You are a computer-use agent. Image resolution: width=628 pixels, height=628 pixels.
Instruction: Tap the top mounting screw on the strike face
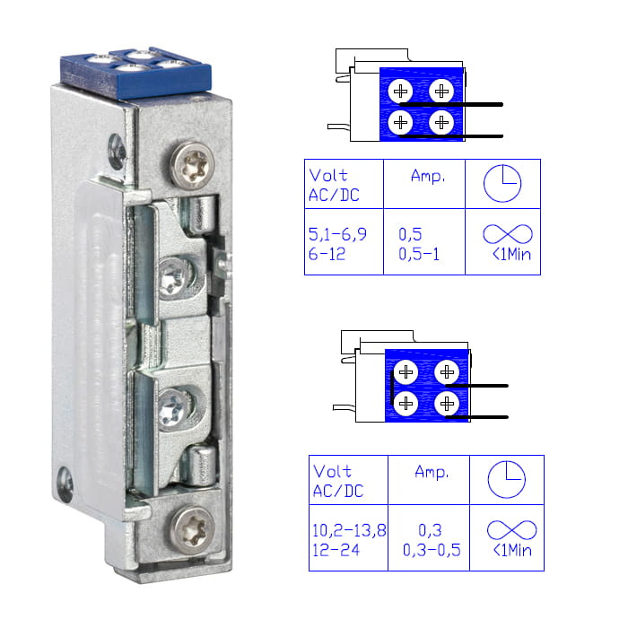[193, 165]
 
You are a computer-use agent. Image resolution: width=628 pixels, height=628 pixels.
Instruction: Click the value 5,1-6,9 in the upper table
[337, 234]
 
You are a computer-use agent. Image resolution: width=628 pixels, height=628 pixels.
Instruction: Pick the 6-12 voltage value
[327, 254]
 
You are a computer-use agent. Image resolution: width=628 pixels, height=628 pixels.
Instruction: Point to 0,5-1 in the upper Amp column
[419, 254]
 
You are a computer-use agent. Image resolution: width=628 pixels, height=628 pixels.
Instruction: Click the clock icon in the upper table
[502, 183]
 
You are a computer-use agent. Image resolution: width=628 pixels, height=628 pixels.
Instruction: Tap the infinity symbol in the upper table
[508, 234]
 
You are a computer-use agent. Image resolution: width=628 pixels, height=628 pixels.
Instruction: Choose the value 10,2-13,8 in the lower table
[349, 530]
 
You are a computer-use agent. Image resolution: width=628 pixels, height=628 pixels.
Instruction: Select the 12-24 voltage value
[336, 550]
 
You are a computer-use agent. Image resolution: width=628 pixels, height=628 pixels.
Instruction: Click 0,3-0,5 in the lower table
[432, 550]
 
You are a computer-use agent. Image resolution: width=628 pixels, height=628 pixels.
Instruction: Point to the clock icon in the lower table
[507, 479]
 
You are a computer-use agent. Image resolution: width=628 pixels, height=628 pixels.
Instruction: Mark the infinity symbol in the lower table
[512, 530]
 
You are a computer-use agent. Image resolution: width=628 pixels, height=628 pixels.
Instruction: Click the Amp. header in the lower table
[432, 472]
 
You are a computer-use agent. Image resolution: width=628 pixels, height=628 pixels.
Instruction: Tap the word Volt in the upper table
[328, 176]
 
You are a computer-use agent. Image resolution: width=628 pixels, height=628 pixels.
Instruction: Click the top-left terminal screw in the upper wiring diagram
[400, 92]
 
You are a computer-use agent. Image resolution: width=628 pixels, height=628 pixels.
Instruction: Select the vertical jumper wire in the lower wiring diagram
[392, 388]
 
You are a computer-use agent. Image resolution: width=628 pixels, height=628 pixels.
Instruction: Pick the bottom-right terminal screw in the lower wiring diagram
[447, 404]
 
